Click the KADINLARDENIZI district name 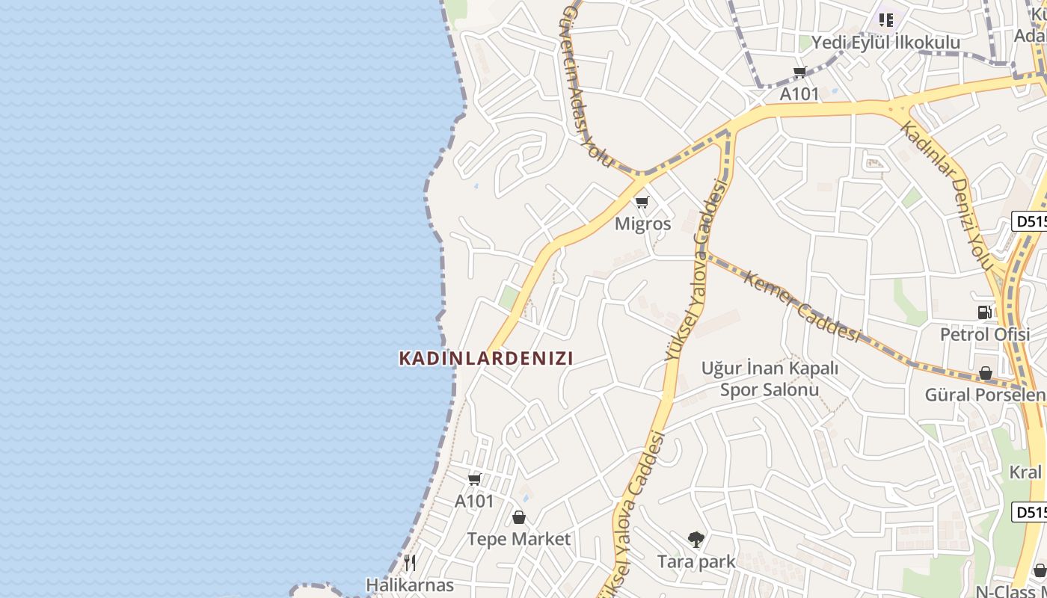click(486, 358)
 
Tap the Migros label click(642, 224)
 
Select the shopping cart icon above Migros click(642, 202)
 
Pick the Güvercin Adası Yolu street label click(586, 86)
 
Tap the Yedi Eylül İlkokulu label click(885, 42)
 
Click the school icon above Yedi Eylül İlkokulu click(886, 19)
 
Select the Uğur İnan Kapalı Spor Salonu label click(770, 379)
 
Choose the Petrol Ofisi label click(985, 334)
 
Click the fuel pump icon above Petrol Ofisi click(985, 312)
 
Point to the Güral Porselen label click(985, 395)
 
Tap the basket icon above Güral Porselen click(986, 372)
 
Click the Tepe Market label click(518, 539)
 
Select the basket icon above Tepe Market click(519, 517)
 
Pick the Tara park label click(696, 561)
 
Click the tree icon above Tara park click(696, 539)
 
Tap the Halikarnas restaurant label click(410, 585)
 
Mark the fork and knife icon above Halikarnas click(410, 562)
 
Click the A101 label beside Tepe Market click(474, 501)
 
